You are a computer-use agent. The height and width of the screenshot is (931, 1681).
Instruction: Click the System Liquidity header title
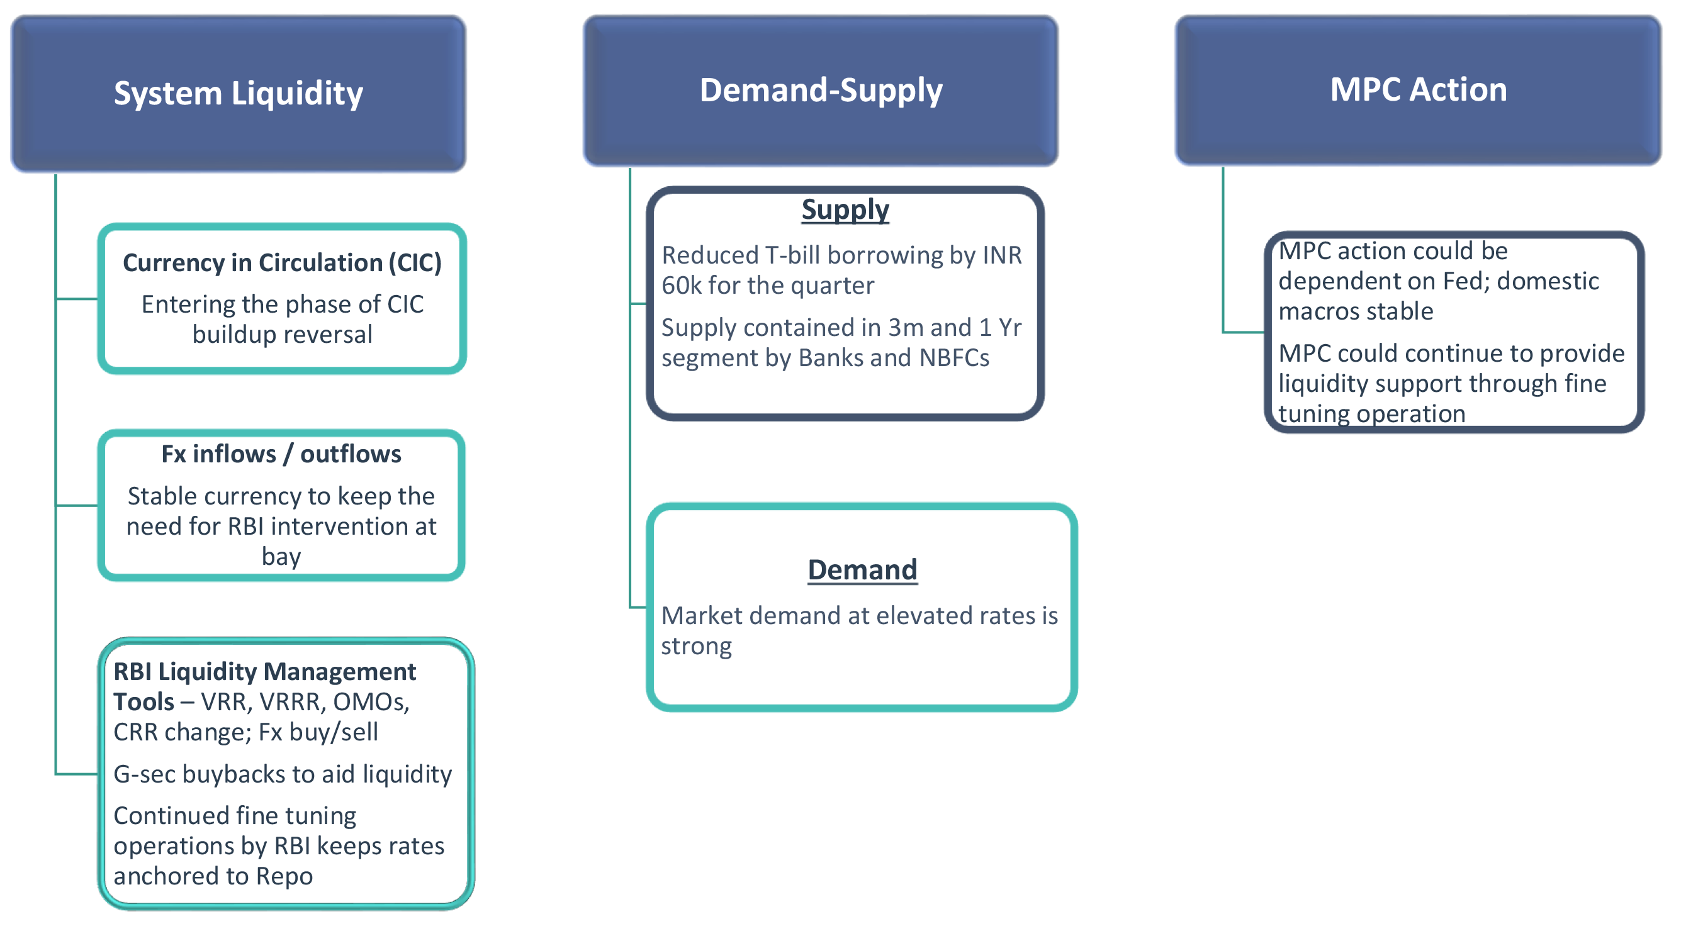(x=238, y=93)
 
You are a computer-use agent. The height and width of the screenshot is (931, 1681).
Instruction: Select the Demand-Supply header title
(x=820, y=90)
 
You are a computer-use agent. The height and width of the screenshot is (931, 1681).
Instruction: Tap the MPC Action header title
(x=1418, y=89)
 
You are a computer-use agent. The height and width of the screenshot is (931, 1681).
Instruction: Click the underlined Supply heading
(x=845, y=210)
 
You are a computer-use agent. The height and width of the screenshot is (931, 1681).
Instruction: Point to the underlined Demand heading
(x=862, y=569)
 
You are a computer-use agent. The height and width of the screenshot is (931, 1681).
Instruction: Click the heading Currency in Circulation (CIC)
(x=282, y=263)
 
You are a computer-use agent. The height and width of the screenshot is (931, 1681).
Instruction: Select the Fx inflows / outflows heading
(x=281, y=454)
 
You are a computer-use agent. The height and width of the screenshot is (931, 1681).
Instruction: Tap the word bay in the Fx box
(x=281, y=557)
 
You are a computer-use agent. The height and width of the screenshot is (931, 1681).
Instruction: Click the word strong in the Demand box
(x=696, y=646)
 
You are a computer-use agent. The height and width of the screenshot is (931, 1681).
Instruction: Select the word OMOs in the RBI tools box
(x=369, y=702)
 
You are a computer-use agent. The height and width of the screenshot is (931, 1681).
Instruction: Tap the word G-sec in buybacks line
(x=144, y=774)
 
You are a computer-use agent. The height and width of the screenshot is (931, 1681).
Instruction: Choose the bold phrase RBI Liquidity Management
(x=264, y=672)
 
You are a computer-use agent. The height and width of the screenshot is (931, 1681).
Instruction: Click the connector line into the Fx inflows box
(x=77, y=505)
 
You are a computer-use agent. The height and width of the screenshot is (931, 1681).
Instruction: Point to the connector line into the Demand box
(x=638, y=608)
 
